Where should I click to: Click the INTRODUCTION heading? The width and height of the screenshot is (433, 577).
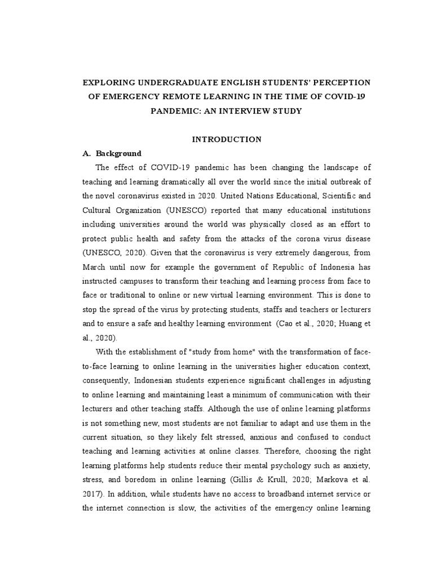(227, 139)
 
